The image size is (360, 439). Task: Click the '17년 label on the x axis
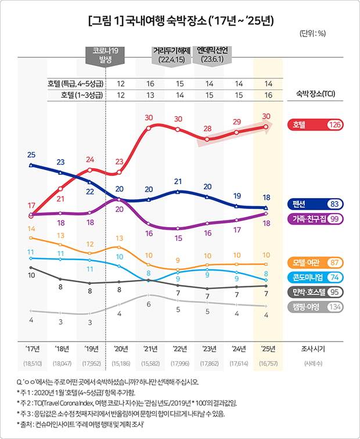tap(32, 349)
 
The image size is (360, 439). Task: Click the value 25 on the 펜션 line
tap(31, 154)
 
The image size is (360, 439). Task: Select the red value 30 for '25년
tap(267, 116)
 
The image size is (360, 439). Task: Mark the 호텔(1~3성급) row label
tap(81, 95)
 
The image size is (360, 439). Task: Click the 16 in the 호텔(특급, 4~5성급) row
tap(150, 84)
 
